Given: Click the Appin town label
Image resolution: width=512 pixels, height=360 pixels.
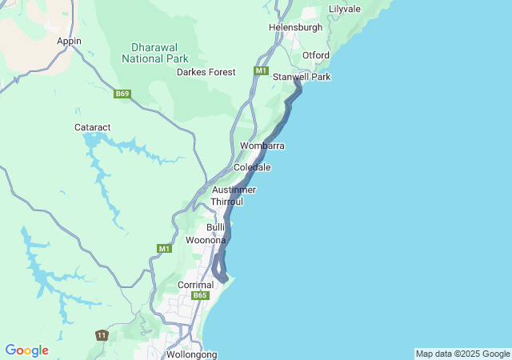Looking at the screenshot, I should click(x=69, y=41).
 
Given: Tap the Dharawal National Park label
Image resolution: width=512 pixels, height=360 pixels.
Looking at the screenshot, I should click(x=155, y=53).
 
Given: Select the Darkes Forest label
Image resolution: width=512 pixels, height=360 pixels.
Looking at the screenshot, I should click(x=206, y=72).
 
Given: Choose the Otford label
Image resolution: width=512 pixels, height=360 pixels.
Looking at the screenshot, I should click(x=315, y=55).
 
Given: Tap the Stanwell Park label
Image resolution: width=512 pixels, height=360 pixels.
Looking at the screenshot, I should click(x=302, y=77).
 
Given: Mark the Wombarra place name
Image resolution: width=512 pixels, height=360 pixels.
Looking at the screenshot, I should click(x=262, y=146).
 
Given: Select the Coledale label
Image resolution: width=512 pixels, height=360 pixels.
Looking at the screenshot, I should click(x=252, y=168).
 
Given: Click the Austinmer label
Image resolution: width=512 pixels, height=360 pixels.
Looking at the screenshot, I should click(x=234, y=190).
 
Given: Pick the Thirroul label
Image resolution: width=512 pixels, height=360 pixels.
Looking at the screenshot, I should click(x=226, y=202).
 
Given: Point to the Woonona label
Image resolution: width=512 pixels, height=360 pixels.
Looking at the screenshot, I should click(x=206, y=240).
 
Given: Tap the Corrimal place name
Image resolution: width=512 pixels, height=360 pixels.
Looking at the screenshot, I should click(x=195, y=285).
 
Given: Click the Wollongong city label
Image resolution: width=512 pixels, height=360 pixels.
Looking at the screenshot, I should click(x=191, y=354).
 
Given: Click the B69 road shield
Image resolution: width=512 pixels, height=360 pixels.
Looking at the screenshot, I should click(x=122, y=94).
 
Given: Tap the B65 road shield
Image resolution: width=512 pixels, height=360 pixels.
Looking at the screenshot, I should click(x=200, y=296).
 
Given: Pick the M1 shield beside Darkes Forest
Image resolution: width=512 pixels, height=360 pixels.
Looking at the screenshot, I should click(x=261, y=71).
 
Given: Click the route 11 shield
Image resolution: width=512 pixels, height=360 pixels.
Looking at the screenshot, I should click(x=101, y=334).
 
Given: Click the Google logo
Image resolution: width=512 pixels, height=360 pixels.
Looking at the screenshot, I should click(x=26, y=350).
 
